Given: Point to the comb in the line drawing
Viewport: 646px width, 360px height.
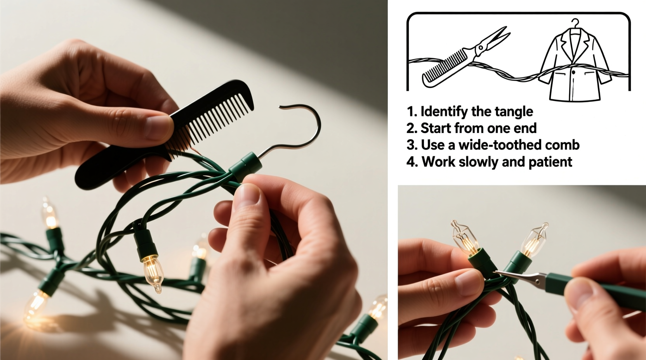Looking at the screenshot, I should coord(446,70).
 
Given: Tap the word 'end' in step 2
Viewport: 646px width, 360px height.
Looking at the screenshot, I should coord(526,128).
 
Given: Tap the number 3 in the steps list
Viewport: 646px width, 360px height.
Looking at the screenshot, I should coord(411,145).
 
